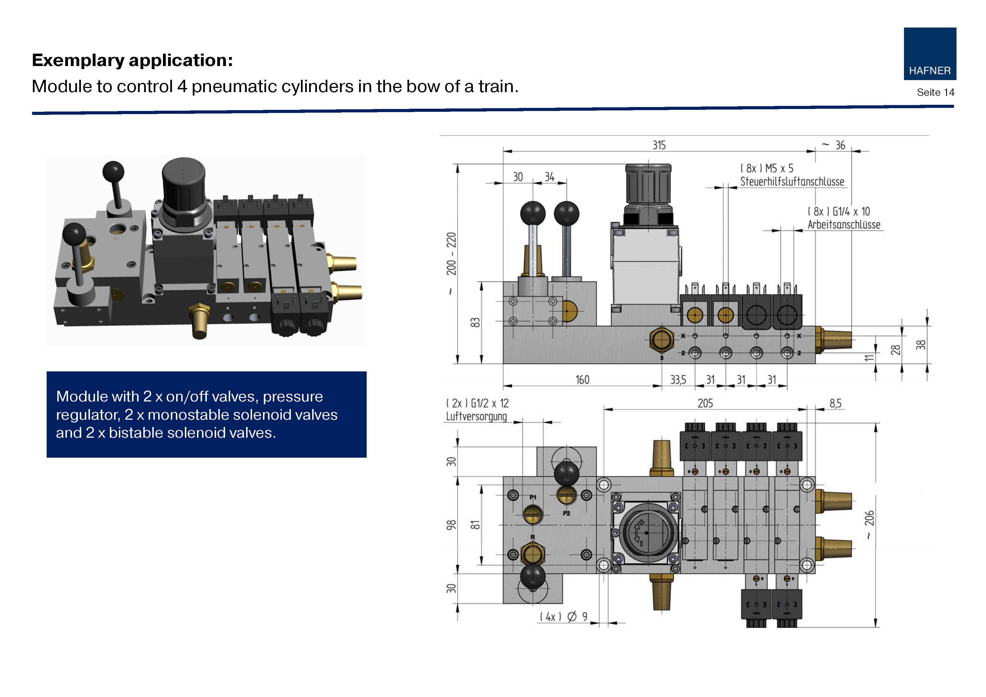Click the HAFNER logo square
coord(930,54)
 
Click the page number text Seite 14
coord(935,92)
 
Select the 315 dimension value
coord(659,145)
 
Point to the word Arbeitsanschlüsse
coord(844,224)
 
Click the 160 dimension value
coord(582,380)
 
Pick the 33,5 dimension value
coord(678,380)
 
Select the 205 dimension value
coord(705,403)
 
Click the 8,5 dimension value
coord(835,403)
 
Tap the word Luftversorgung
coord(476,416)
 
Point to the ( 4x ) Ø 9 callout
coord(563,617)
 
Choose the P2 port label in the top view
coord(566,514)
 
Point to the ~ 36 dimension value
coord(835,145)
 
